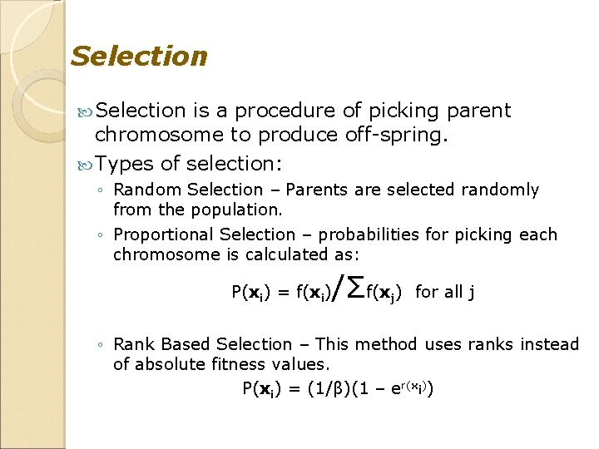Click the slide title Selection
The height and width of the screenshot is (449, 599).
pyautogui.click(x=139, y=57)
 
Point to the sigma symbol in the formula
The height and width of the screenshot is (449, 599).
pyautogui.click(x=354, y=289)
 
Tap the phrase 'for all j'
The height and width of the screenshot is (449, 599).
pyautogui.click(x=445, y=291)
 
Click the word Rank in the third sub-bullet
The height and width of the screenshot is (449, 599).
pyautogui.click(x=131, y=344)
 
